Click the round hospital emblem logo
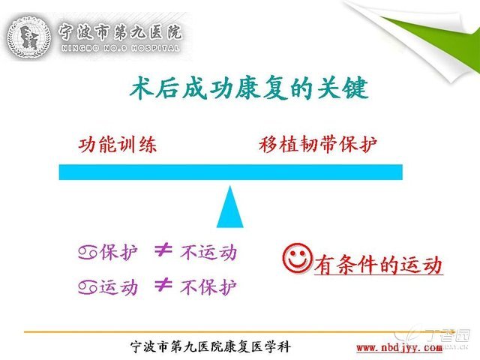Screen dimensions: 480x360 28,37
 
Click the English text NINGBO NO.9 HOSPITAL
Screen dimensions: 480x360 121,48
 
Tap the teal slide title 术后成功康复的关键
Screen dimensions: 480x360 249,88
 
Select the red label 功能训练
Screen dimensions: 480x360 118,145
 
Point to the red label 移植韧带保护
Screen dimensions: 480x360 318,145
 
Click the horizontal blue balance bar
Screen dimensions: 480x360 230,172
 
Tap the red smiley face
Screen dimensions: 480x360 297,258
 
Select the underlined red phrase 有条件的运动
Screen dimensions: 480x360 379,265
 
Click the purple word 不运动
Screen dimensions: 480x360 208,253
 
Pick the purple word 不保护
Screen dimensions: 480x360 208,287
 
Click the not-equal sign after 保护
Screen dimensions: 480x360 163,250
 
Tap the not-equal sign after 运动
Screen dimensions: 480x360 163,285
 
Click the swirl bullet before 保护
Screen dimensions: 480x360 88,253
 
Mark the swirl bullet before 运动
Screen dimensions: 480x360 88,287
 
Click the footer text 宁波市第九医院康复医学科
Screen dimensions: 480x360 211,346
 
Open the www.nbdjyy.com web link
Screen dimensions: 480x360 400,348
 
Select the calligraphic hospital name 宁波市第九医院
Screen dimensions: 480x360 121,31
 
